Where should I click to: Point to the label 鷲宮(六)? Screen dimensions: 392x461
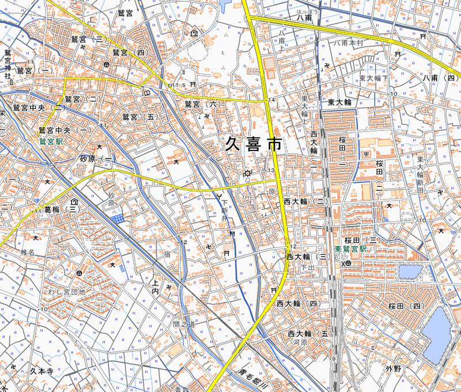pos(202,104)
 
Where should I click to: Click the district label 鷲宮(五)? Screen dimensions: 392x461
pos(140,117)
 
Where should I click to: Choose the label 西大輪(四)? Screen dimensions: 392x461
pos(297,303)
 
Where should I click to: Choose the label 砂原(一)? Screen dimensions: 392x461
pos(97,159)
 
